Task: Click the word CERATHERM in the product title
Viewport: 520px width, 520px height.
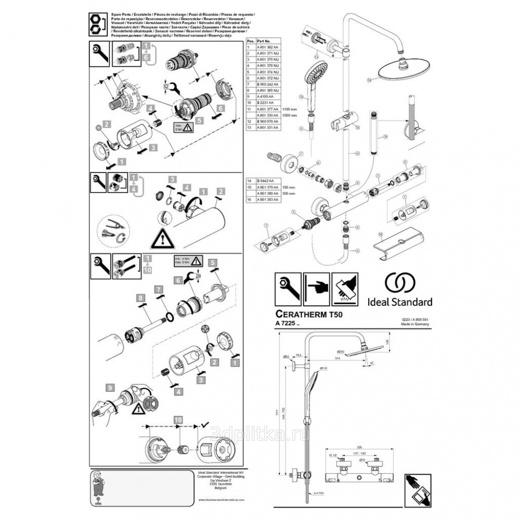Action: coord(298,315)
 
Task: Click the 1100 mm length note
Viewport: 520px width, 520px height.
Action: coord(289,110)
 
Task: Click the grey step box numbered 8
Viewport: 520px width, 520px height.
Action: coord(140,297)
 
